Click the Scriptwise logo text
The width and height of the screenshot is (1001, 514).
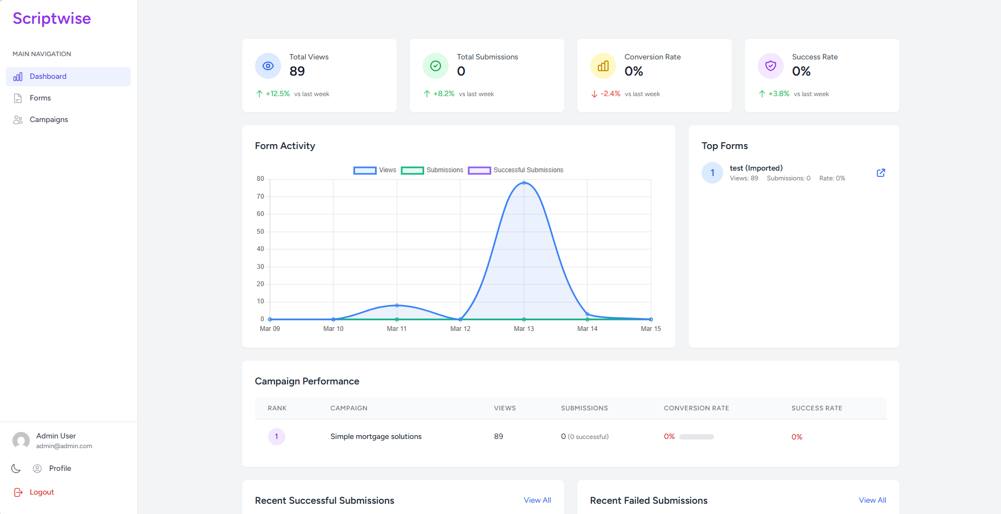point(52,18)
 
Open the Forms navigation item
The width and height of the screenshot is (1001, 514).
point(40,98)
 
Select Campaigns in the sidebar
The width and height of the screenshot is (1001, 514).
point(49,119)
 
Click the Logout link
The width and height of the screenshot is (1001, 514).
point(41,492)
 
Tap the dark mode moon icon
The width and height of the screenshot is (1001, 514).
point(16,468)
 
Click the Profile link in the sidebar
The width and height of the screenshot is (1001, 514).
point(60,468)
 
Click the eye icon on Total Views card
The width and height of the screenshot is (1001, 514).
point(268,66)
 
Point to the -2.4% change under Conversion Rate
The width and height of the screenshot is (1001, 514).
point(610,93)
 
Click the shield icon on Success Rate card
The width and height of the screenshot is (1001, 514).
point(771,66)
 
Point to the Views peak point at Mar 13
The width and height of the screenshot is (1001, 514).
point(524,183)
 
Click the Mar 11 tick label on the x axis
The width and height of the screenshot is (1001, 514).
point(397,328)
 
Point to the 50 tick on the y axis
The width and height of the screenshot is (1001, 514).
point(261,232)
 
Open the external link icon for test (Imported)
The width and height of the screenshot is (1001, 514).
point(880,173)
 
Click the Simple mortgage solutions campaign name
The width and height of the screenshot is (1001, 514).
point(376,436)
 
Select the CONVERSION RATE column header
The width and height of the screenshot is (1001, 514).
point(696,408)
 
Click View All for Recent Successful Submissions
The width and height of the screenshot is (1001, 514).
point(537,500)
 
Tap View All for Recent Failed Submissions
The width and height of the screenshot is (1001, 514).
point(872,500)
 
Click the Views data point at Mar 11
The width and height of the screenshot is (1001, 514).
point(397,306)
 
